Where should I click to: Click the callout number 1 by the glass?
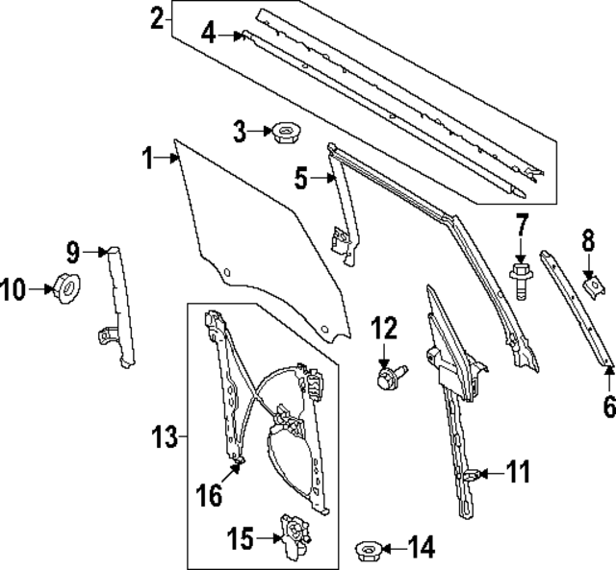(x=148, y=159)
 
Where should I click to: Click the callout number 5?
(x=301, y=177)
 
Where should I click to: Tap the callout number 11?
(x=519, y=472)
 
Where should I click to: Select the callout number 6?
(x=607, y=407)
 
